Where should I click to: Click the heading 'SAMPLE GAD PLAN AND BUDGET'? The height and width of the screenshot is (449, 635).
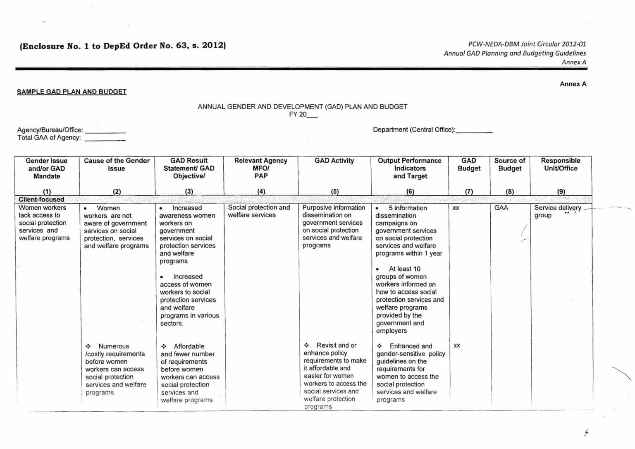[72, 92]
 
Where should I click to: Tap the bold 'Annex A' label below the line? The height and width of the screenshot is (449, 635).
[573, 84]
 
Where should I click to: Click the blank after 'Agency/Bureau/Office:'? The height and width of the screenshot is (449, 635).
[105, 131]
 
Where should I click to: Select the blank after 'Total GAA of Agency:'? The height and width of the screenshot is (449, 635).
[105, 139]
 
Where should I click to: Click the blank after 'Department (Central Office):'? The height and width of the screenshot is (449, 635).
[474, 130]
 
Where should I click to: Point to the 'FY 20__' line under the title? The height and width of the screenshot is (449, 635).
[303, 115]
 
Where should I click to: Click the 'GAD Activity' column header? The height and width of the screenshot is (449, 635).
[334, 161]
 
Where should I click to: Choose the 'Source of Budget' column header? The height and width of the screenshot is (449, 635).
[509, 164]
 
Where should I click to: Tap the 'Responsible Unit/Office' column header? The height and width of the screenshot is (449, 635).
[561, 164]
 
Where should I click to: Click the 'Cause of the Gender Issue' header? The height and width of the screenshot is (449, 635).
[117, 164]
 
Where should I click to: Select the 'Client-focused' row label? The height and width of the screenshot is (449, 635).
[41, 199]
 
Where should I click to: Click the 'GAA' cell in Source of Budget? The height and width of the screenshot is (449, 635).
[501, 208]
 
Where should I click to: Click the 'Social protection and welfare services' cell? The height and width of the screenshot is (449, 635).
[259, 211]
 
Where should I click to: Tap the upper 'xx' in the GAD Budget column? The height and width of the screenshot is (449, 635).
[456, 208]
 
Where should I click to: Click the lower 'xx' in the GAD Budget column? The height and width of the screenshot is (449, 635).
[456, 346]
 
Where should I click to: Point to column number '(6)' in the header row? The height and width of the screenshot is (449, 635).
[410, 192]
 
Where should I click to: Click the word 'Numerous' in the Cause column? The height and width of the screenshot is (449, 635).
[113, 346]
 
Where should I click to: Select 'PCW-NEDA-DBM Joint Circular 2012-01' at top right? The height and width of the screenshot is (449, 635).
[527, 44]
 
